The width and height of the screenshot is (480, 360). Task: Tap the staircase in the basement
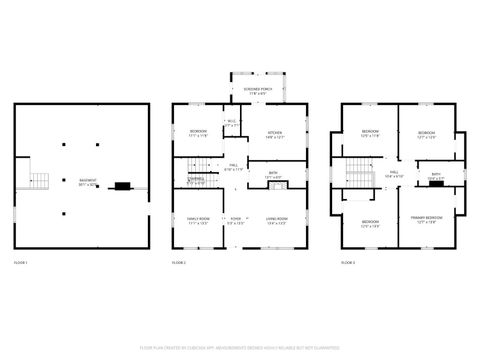pos(37,180)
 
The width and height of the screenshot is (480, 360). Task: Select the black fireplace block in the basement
pos(122,185)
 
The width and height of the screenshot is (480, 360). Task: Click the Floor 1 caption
pos(21,262)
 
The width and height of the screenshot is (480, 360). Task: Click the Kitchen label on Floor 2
pos(273,133)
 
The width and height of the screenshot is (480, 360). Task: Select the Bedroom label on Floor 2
pos(196,133)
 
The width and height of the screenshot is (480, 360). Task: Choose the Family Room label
pos(197,220)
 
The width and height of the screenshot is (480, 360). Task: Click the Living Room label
pos(277,220)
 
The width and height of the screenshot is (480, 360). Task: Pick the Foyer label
pos(236,220)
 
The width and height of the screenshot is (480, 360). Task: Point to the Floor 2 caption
pos(179,262)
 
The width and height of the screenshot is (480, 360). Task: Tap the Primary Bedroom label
pos(427,219)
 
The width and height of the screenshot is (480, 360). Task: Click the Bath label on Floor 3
pos(436,176)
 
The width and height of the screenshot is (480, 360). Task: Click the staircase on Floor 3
pos(357,177)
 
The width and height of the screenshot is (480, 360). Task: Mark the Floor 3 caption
pos(348,262)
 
